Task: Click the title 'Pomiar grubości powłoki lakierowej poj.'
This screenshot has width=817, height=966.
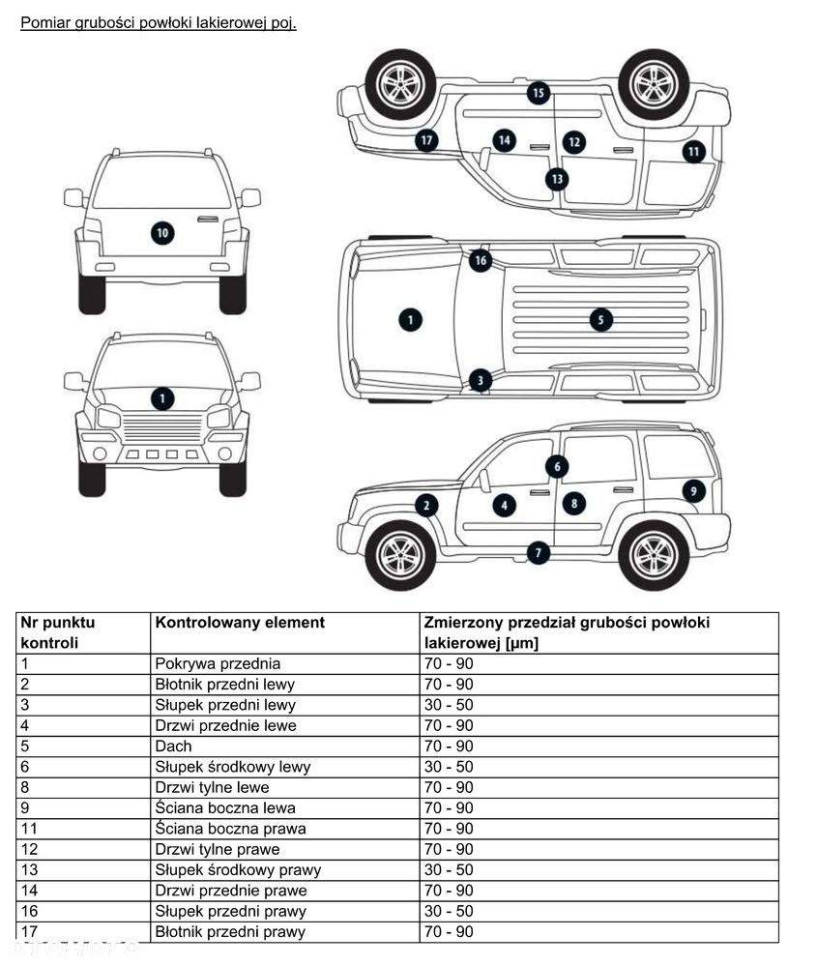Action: tap(158, 22)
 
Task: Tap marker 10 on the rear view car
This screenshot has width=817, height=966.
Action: tap(162, 233)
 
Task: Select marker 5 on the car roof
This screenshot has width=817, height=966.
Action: tap(600, 319)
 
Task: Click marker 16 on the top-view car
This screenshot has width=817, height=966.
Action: tap(481, 260)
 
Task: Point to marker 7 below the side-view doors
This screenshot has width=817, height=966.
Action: tap(538, 553)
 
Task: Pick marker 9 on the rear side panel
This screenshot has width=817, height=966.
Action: tap(693, 491)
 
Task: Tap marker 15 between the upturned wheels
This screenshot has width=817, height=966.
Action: tap(538, 93)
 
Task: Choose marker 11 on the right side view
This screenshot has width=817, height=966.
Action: tap(693, 152)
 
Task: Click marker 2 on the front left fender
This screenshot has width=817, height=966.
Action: tap(426, 505)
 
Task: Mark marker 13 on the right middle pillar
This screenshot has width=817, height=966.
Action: tap(556, 179)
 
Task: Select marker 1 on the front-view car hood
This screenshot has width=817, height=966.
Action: tap(162, 397)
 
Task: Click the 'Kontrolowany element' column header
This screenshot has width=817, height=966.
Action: tap(240, 623)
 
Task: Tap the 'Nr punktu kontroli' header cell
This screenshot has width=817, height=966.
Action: tap(58, 632)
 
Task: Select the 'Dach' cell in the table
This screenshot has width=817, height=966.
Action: tap(174, 746)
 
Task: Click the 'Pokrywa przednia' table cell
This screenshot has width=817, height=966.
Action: tap(218, 663)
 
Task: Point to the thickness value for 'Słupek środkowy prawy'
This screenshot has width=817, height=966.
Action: tap(449, 869)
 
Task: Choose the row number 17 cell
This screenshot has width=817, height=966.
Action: tap(28, 931)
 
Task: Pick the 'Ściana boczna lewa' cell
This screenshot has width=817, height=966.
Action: tap(225, 807)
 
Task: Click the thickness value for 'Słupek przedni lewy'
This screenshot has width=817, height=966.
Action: tap(449, 705)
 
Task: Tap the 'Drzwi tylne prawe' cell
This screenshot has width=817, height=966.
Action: tap(218, 849)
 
